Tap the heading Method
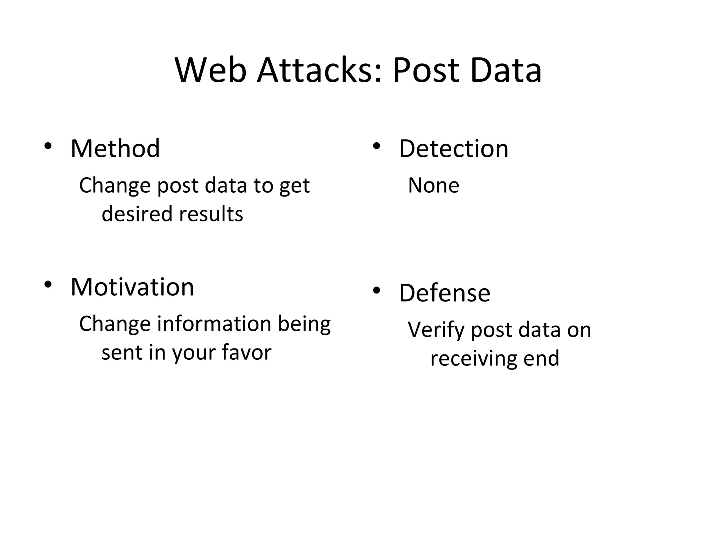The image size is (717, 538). (115, 149)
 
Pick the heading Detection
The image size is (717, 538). (453, 149)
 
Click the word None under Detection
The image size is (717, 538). (433, 185)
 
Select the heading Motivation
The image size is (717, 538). (132, 287)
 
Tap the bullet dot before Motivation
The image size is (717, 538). (48, 284)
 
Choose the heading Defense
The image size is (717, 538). (445, 293)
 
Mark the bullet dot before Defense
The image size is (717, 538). (376, 290)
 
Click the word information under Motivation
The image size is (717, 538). (214, 324)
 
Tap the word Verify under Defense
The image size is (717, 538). (436, 330)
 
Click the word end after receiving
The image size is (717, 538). (541, 359)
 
